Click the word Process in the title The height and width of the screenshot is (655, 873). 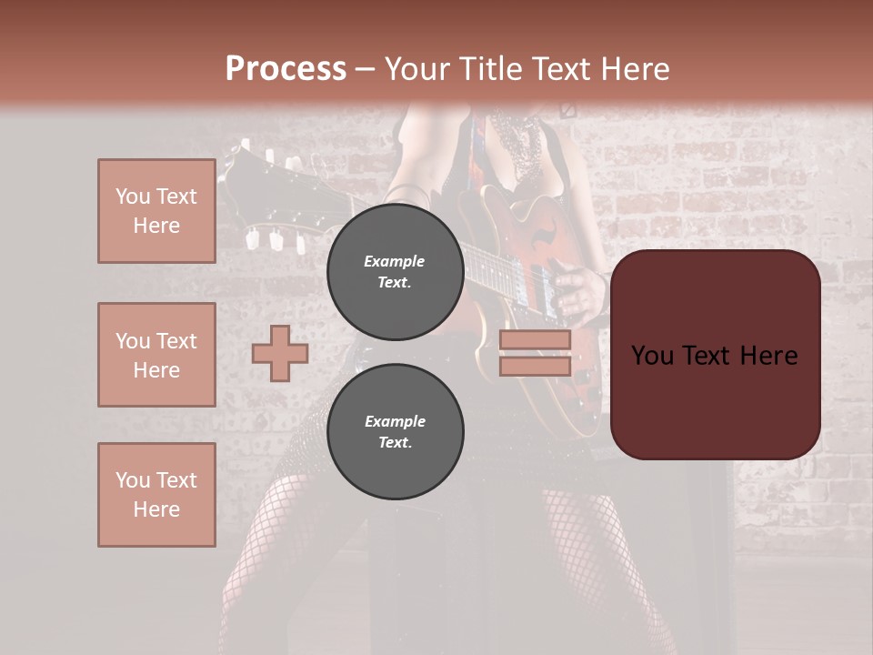[286, 69]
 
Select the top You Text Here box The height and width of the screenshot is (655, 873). [156, 211]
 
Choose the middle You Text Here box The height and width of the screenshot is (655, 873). [156, 355]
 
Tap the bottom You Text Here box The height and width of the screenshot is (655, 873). [156, 495]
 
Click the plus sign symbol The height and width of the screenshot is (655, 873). [280, 353]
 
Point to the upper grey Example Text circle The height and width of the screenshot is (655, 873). [395, 271]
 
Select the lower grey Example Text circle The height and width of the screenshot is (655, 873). [395, 431]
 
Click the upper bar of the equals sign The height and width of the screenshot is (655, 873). [535, 339]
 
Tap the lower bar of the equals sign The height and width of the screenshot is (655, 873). [535, 366]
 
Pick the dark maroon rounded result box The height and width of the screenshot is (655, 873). [715, 355]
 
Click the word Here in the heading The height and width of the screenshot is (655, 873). [633, 69]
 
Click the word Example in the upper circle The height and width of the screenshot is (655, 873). [395, 261]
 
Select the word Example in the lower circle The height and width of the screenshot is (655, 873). [395, 421]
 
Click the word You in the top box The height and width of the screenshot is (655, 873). [133, 196]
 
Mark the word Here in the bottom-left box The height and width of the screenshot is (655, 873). [156, 509]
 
